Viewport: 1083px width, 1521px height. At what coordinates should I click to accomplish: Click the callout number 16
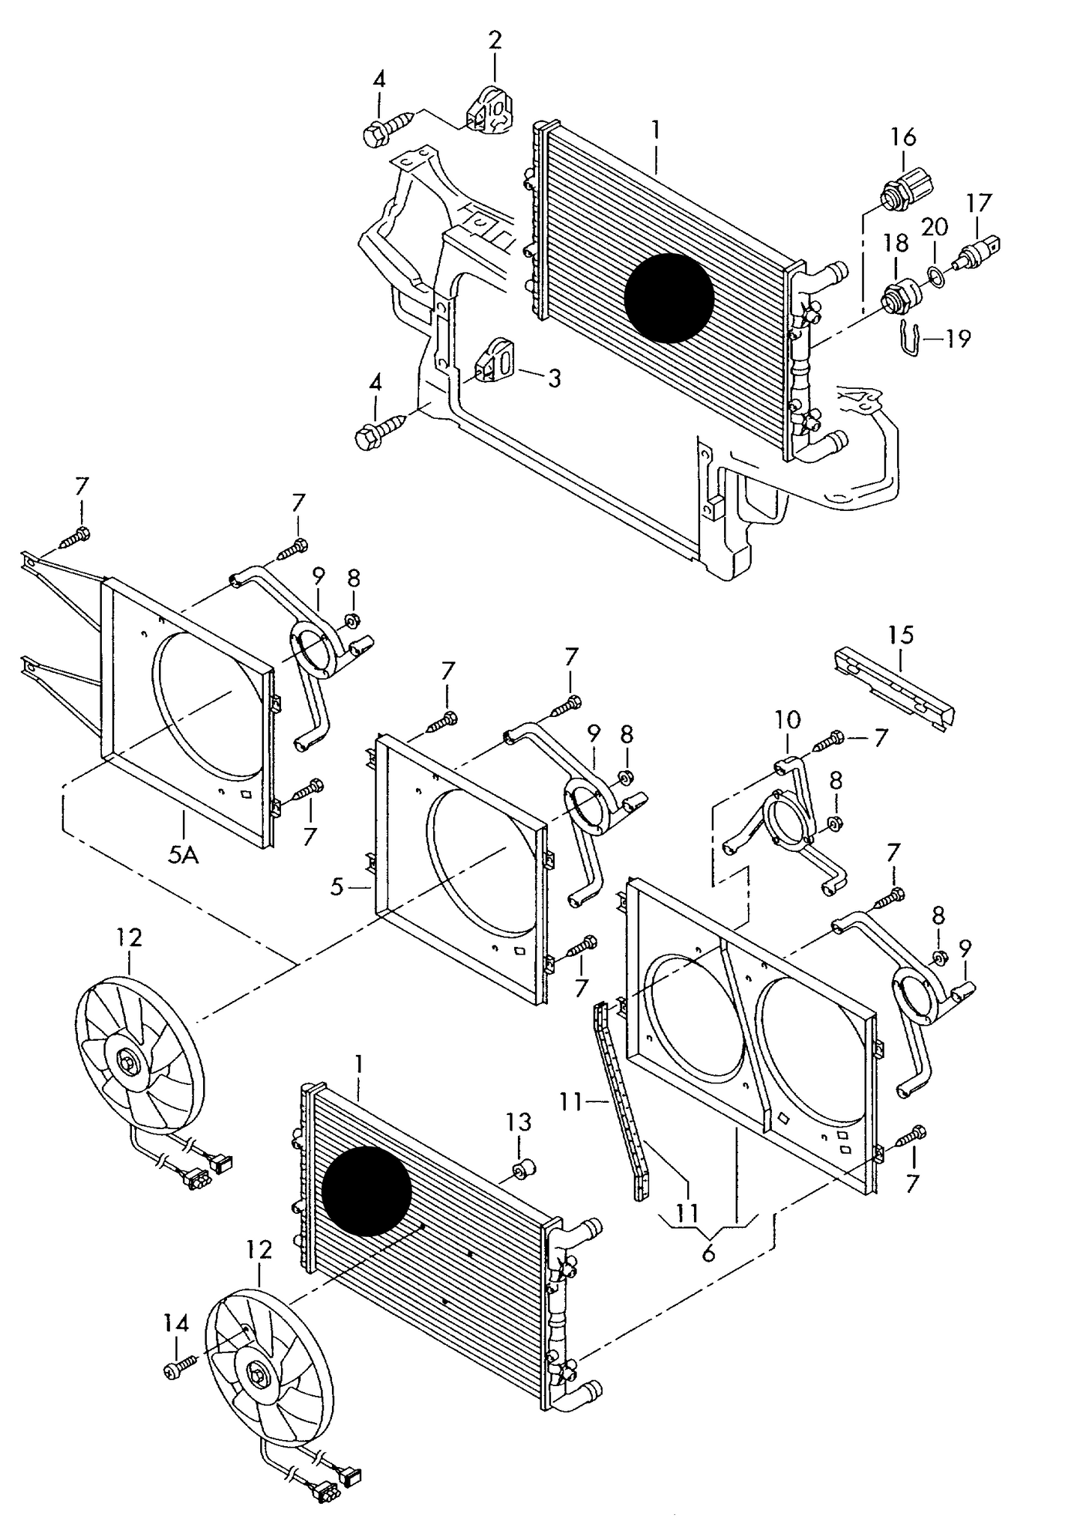pyautogui.click(x=903, y=136)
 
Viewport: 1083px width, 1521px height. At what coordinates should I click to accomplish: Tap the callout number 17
pyautogui.click(x=978, y=203)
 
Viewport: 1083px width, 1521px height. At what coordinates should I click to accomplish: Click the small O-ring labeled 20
pyautogui.click(x=934, y=276)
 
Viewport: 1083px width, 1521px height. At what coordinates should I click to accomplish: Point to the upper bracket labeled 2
pyautogui.click(x=487, y=111)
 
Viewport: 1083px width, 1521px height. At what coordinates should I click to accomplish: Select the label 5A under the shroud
pyautogui.click(x=183, y=854)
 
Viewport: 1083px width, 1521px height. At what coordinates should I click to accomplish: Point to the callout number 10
pyautogui.click(x=787, y=720)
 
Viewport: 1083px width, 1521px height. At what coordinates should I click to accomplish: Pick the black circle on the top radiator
pyautogui.click(x=669, y=297)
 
